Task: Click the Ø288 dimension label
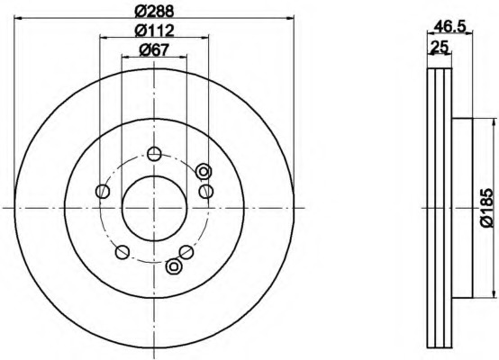155,12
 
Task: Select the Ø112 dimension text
155,31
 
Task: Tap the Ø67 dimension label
154,49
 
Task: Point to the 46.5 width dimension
449,26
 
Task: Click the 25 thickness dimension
440,47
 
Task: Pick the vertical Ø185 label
487,208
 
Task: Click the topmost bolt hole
155,154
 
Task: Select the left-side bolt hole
103,191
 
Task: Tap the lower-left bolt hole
122,252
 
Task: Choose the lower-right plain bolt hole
186,252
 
